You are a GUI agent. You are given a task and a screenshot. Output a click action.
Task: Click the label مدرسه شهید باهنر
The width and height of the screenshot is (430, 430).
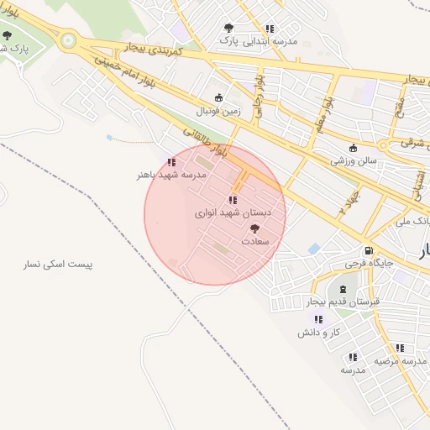[171, 176]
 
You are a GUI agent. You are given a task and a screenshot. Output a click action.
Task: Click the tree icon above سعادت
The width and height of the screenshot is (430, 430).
[254, 228]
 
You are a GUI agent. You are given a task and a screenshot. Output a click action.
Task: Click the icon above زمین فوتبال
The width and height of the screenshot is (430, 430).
[219, 97]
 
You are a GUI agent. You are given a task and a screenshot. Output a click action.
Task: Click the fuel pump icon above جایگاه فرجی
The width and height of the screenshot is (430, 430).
[368, 251]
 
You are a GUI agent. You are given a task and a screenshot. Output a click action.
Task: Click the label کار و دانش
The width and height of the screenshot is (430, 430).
[318, 333]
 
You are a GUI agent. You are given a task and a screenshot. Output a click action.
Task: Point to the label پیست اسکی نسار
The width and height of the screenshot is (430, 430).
[58, 265]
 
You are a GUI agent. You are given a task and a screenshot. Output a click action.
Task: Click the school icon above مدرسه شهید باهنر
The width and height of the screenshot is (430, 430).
[171, 162]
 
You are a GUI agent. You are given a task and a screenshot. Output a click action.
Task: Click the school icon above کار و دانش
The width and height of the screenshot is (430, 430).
[318, 320]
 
